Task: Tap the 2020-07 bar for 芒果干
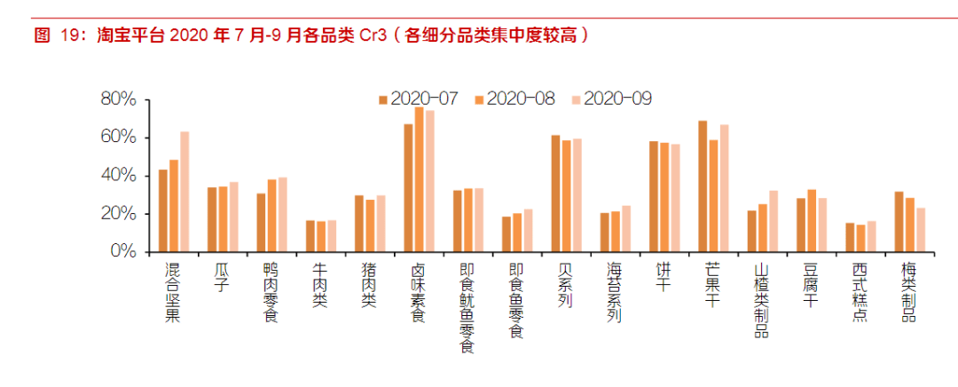tap(703, 186)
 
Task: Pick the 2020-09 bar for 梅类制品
tap(921, 230)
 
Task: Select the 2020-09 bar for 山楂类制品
tap(773, 221)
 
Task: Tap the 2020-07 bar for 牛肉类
tap(310, 236)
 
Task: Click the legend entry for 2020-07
tap(418, 99)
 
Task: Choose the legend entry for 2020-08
tap(514, 99)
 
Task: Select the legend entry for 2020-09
tap(611, 99)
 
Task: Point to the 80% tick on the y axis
tap(117, 99)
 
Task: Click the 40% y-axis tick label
tap(117, 176)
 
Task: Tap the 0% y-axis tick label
tap(122, 252)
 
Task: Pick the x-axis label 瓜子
tap(223, 276)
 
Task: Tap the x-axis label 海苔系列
tap(615, 291)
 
